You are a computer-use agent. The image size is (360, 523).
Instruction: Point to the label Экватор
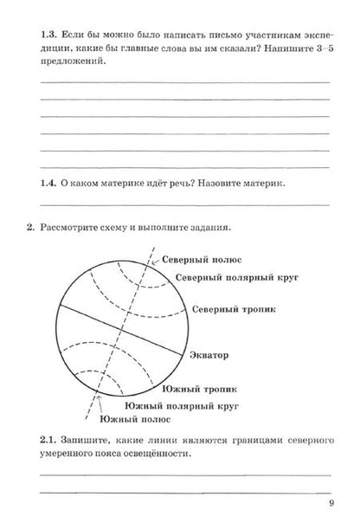210,354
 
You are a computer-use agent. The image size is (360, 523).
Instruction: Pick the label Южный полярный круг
181,405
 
